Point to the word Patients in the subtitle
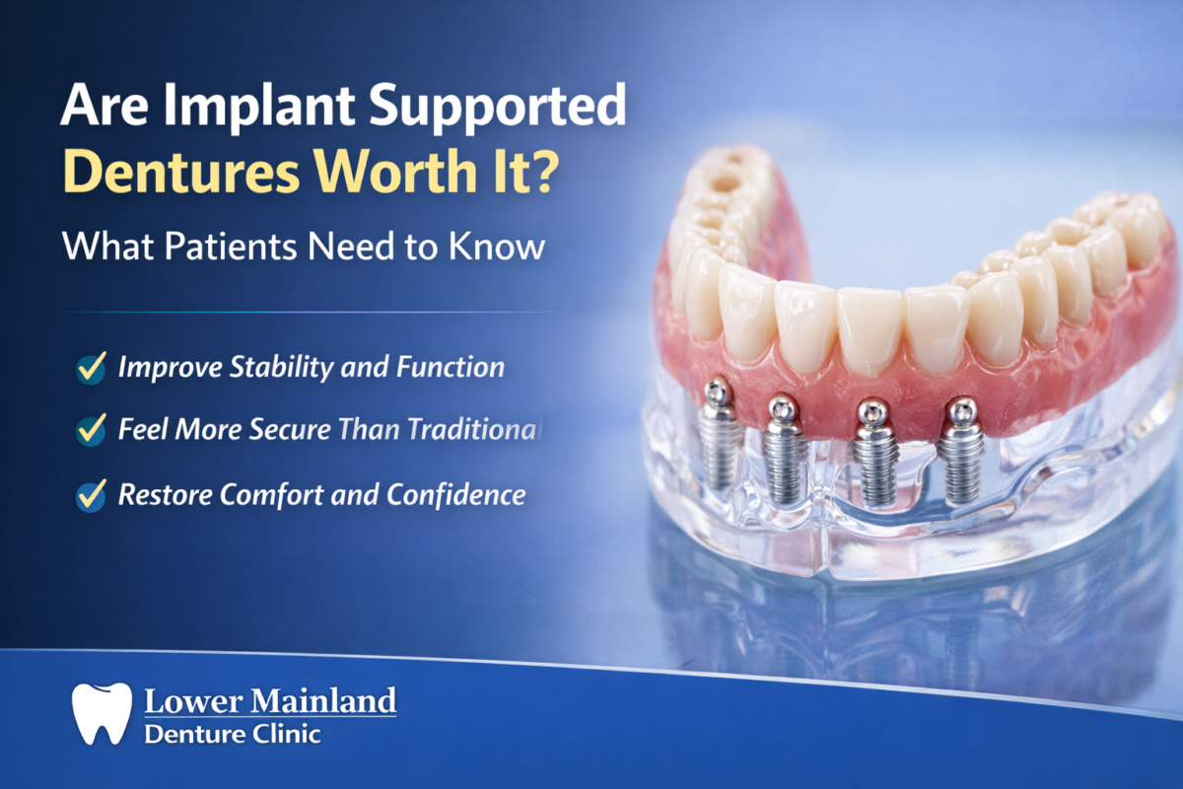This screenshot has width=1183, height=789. [x=225, y=246]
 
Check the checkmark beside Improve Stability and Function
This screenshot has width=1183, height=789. [x=91, y=369]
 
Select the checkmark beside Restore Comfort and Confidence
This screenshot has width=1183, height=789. [x=91, y=494]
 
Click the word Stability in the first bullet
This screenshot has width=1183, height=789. [x=271, y=369]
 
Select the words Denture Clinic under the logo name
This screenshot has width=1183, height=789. [x=232, y=734]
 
